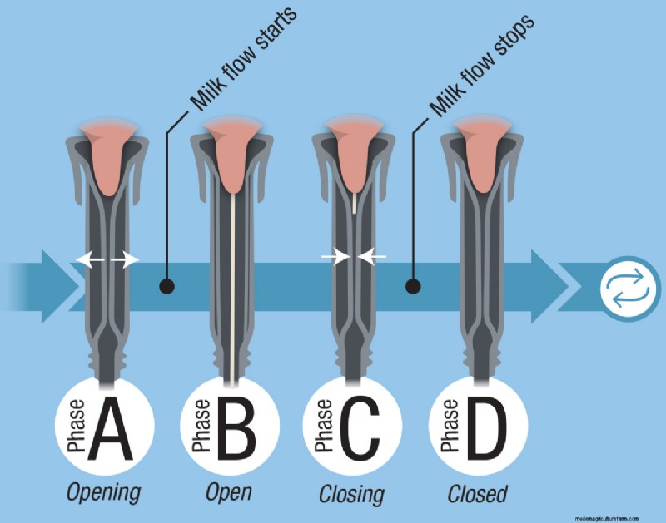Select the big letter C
tap(359, 428)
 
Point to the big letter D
tap(485, 428)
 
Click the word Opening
tap(104, 492)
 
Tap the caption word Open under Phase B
tap(229, 492)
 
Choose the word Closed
tap(477, 492)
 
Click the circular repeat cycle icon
tap(626, 286)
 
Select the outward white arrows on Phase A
tap(107, 260)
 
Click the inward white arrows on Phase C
tap(354, 258)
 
